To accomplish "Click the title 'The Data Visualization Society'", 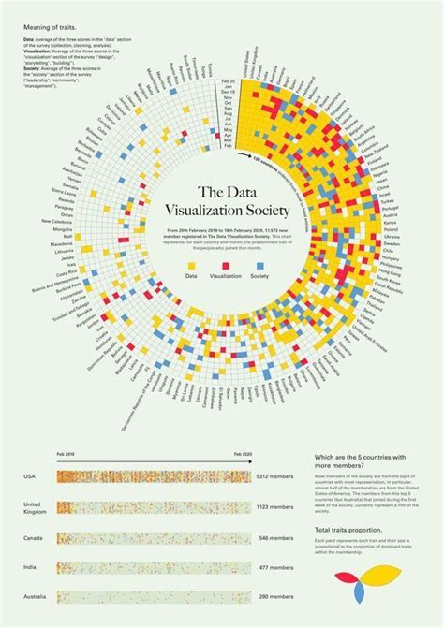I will (x=221, y=200).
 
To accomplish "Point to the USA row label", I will (x=31, y=476).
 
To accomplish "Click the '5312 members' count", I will (x=276, y=476).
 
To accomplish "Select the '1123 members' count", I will (x=276, y=508).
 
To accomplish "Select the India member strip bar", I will (x=154, y=567).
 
